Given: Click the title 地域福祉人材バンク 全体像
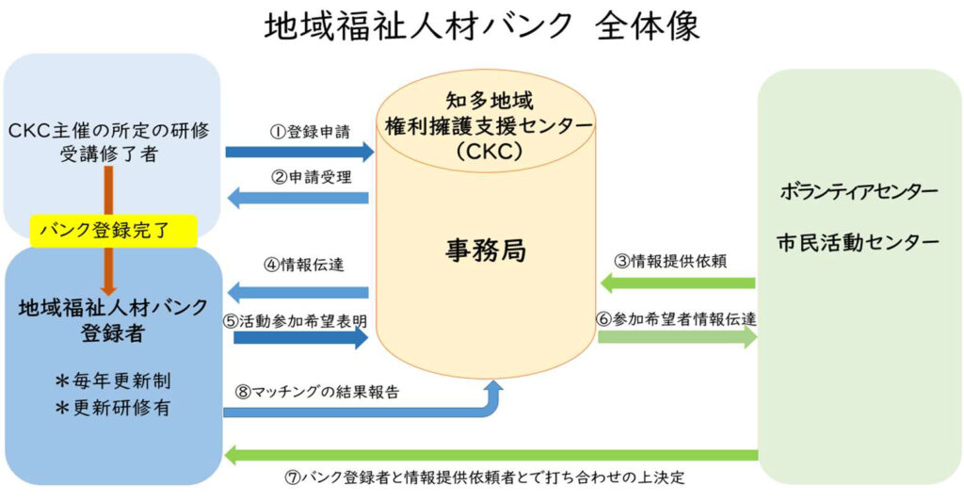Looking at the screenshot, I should [483, 26].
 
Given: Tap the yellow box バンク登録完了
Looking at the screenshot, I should [114, 229].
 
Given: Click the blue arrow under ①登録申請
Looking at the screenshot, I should [299, 152].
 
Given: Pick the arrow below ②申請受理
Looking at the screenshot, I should [299, 198].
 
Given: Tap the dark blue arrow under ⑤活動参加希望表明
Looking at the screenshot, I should [299, 338].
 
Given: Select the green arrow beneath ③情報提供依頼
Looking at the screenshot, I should [678, 283].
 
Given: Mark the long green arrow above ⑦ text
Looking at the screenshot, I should [490, 456].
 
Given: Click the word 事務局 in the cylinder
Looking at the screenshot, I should [485, 250].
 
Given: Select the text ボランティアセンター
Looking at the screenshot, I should [859, 192].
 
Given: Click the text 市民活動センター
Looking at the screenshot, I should [859, 242].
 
